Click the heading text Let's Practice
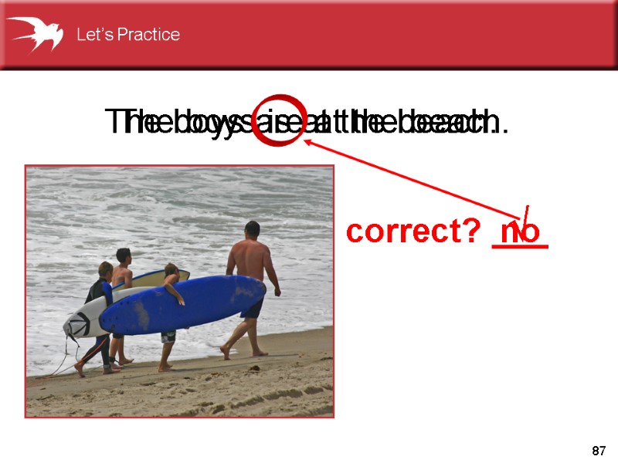coord(127,35)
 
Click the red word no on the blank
coord(519,231)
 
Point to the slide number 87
coord(598,450)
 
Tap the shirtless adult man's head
coord(252,230)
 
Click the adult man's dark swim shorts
coord(251,309)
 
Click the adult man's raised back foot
coord(225,351)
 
